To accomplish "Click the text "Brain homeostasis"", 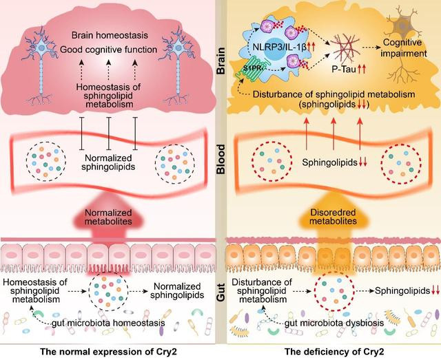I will click(x=109, y=35).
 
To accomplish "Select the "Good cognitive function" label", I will click(x=109, y=50).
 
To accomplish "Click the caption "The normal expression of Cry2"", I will click(x=110, y=350).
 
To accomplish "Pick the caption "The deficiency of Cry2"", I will click(x=332, y=350).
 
